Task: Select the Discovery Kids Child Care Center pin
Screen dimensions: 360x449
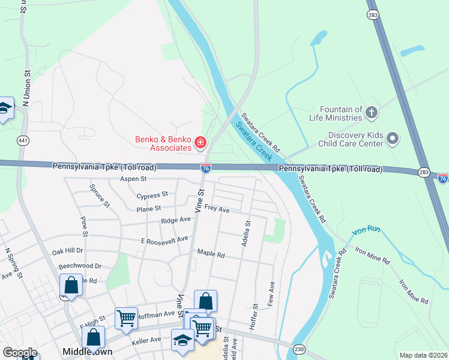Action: pos(393,139)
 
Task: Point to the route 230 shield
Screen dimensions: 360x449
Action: pos(298,349)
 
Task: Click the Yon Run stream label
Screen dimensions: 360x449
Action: pos(366,230)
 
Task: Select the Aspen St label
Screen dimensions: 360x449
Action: pos(133,179)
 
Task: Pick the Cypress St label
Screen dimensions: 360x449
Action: pos(152,196)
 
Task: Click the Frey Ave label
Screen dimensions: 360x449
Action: pos(217,209)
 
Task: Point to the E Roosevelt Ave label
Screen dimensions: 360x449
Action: pos(164,239)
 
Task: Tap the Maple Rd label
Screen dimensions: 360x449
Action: pos(211,254)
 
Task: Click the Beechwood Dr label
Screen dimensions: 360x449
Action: pos(80,265)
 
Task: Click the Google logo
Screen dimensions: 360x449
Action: pos(20,352)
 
